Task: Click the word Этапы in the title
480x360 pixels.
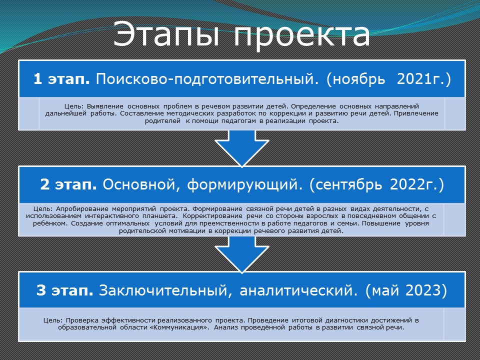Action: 166,34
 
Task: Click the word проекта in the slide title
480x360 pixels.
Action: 302,36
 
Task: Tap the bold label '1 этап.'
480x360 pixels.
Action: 61,79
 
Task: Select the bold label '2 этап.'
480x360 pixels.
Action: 68,184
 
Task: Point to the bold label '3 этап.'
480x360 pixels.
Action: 64,290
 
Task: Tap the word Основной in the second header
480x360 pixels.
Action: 141,185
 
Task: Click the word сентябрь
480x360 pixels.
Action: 345,185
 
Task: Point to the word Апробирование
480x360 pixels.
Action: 82,209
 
